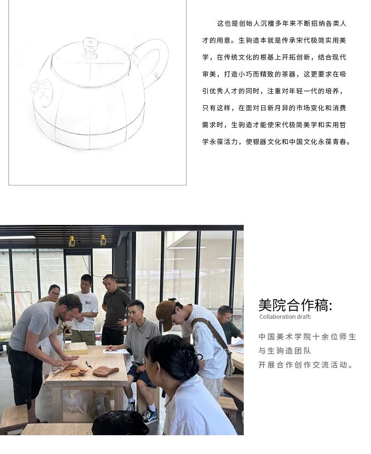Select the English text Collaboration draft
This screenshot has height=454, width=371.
285,317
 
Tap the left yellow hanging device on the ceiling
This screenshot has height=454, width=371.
71,241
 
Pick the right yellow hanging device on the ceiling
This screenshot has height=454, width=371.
103,240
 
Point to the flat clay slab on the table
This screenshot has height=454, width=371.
106,371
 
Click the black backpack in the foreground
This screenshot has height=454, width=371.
120,423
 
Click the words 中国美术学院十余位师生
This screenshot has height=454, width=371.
307,337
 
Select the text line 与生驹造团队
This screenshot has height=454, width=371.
285,351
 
